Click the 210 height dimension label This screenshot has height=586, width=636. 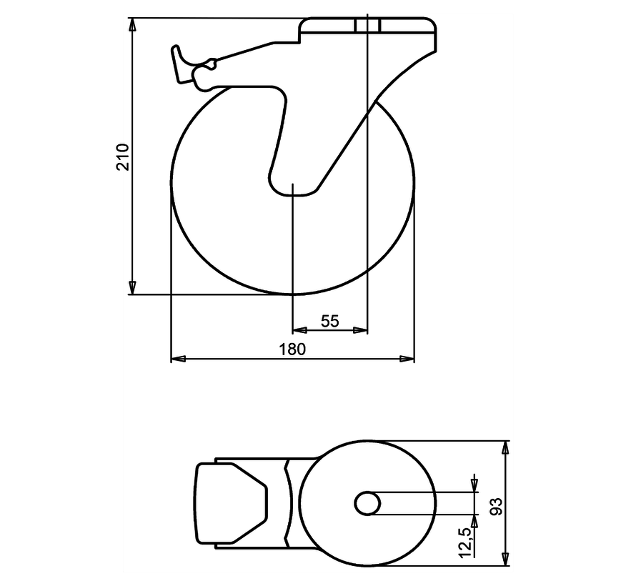pyautogui.click(x=122, y=156)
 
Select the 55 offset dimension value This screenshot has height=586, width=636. pyautogui.click(x=329, y=321)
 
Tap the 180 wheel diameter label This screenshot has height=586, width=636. pyautogui.click(x=293, y=349)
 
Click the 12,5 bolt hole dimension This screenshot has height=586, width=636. pyautogui.click(x=465, y=542)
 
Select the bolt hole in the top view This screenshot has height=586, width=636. pyautogui.click(x=367, y=503)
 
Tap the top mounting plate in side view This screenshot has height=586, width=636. pyautogui.click(x=368, y=26)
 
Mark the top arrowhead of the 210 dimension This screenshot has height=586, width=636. pyautogui.click(x=132, y=24)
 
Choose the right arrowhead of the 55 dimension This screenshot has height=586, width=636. pyautogui.click(x=362, y=330)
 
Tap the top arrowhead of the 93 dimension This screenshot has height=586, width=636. pyautogui.click(x=506, y=447)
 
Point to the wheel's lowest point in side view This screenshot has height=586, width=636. pyautogui.click(x=293, y=294)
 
